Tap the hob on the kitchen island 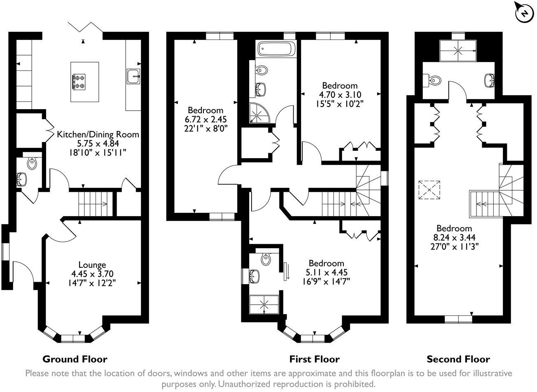(x=79, y=82)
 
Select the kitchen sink (x=133, y=76)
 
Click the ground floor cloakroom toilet (x=32, y=163)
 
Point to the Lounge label (x=92, y=265)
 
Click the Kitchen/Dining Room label (x=98, y=134)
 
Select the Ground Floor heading (x=75, y=359)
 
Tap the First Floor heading (x=314, y=359)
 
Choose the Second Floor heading (x=458, y=359)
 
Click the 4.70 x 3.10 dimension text (x=340, y=94)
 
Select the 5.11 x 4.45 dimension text (x=327, y=272)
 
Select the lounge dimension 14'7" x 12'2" (x=92, y=283)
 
